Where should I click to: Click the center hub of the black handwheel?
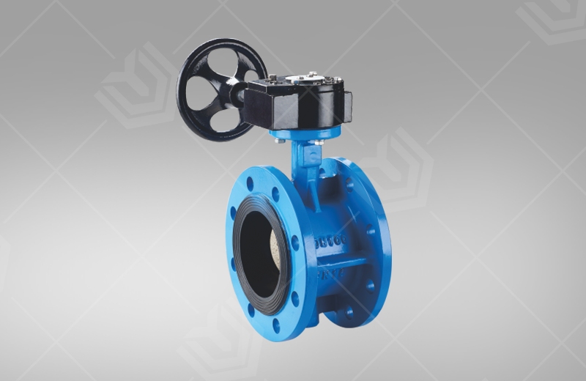(x=220, y=87)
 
